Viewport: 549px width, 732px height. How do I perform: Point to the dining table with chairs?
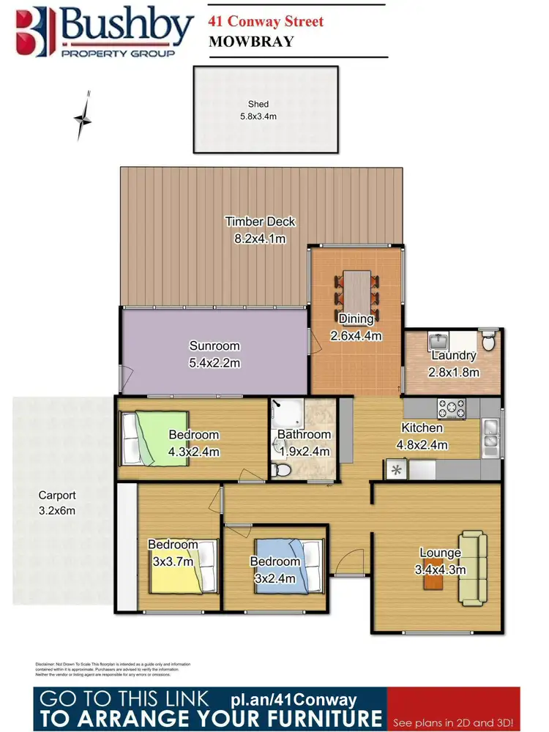coord(356,288)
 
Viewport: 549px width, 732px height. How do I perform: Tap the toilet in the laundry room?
coord(489,340)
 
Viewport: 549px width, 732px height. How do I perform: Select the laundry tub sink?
coord(439,341)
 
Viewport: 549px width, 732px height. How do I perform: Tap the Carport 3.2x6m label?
coord(57,503)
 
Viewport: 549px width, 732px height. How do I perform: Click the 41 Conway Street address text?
coord(265,21)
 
